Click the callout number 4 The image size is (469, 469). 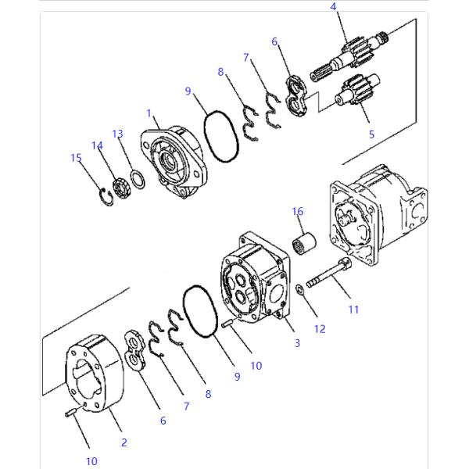pyautogui.click(x=334, y=7)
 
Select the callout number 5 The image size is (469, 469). pyautogui.click(x=371, y=134)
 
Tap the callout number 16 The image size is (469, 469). pyautogui.click(x=298, y=211)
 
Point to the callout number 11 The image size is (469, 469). pyautogui.click(x=353, y=310)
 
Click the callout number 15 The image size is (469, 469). pyautogui.click(x=76, y=158)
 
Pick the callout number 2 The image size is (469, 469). pyautogui.click(x=124, y=442)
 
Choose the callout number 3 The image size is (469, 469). pyautogui.click(x=297, y=343)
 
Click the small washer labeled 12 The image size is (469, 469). pyautogui.click(x=301, y=291)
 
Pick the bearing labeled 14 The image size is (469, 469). pyautogui.click(x=121, y=187)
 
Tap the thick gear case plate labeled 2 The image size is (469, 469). pyautogui.click(x=94, y=374)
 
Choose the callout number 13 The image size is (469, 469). pyautogui.click(x=117, y=134)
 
